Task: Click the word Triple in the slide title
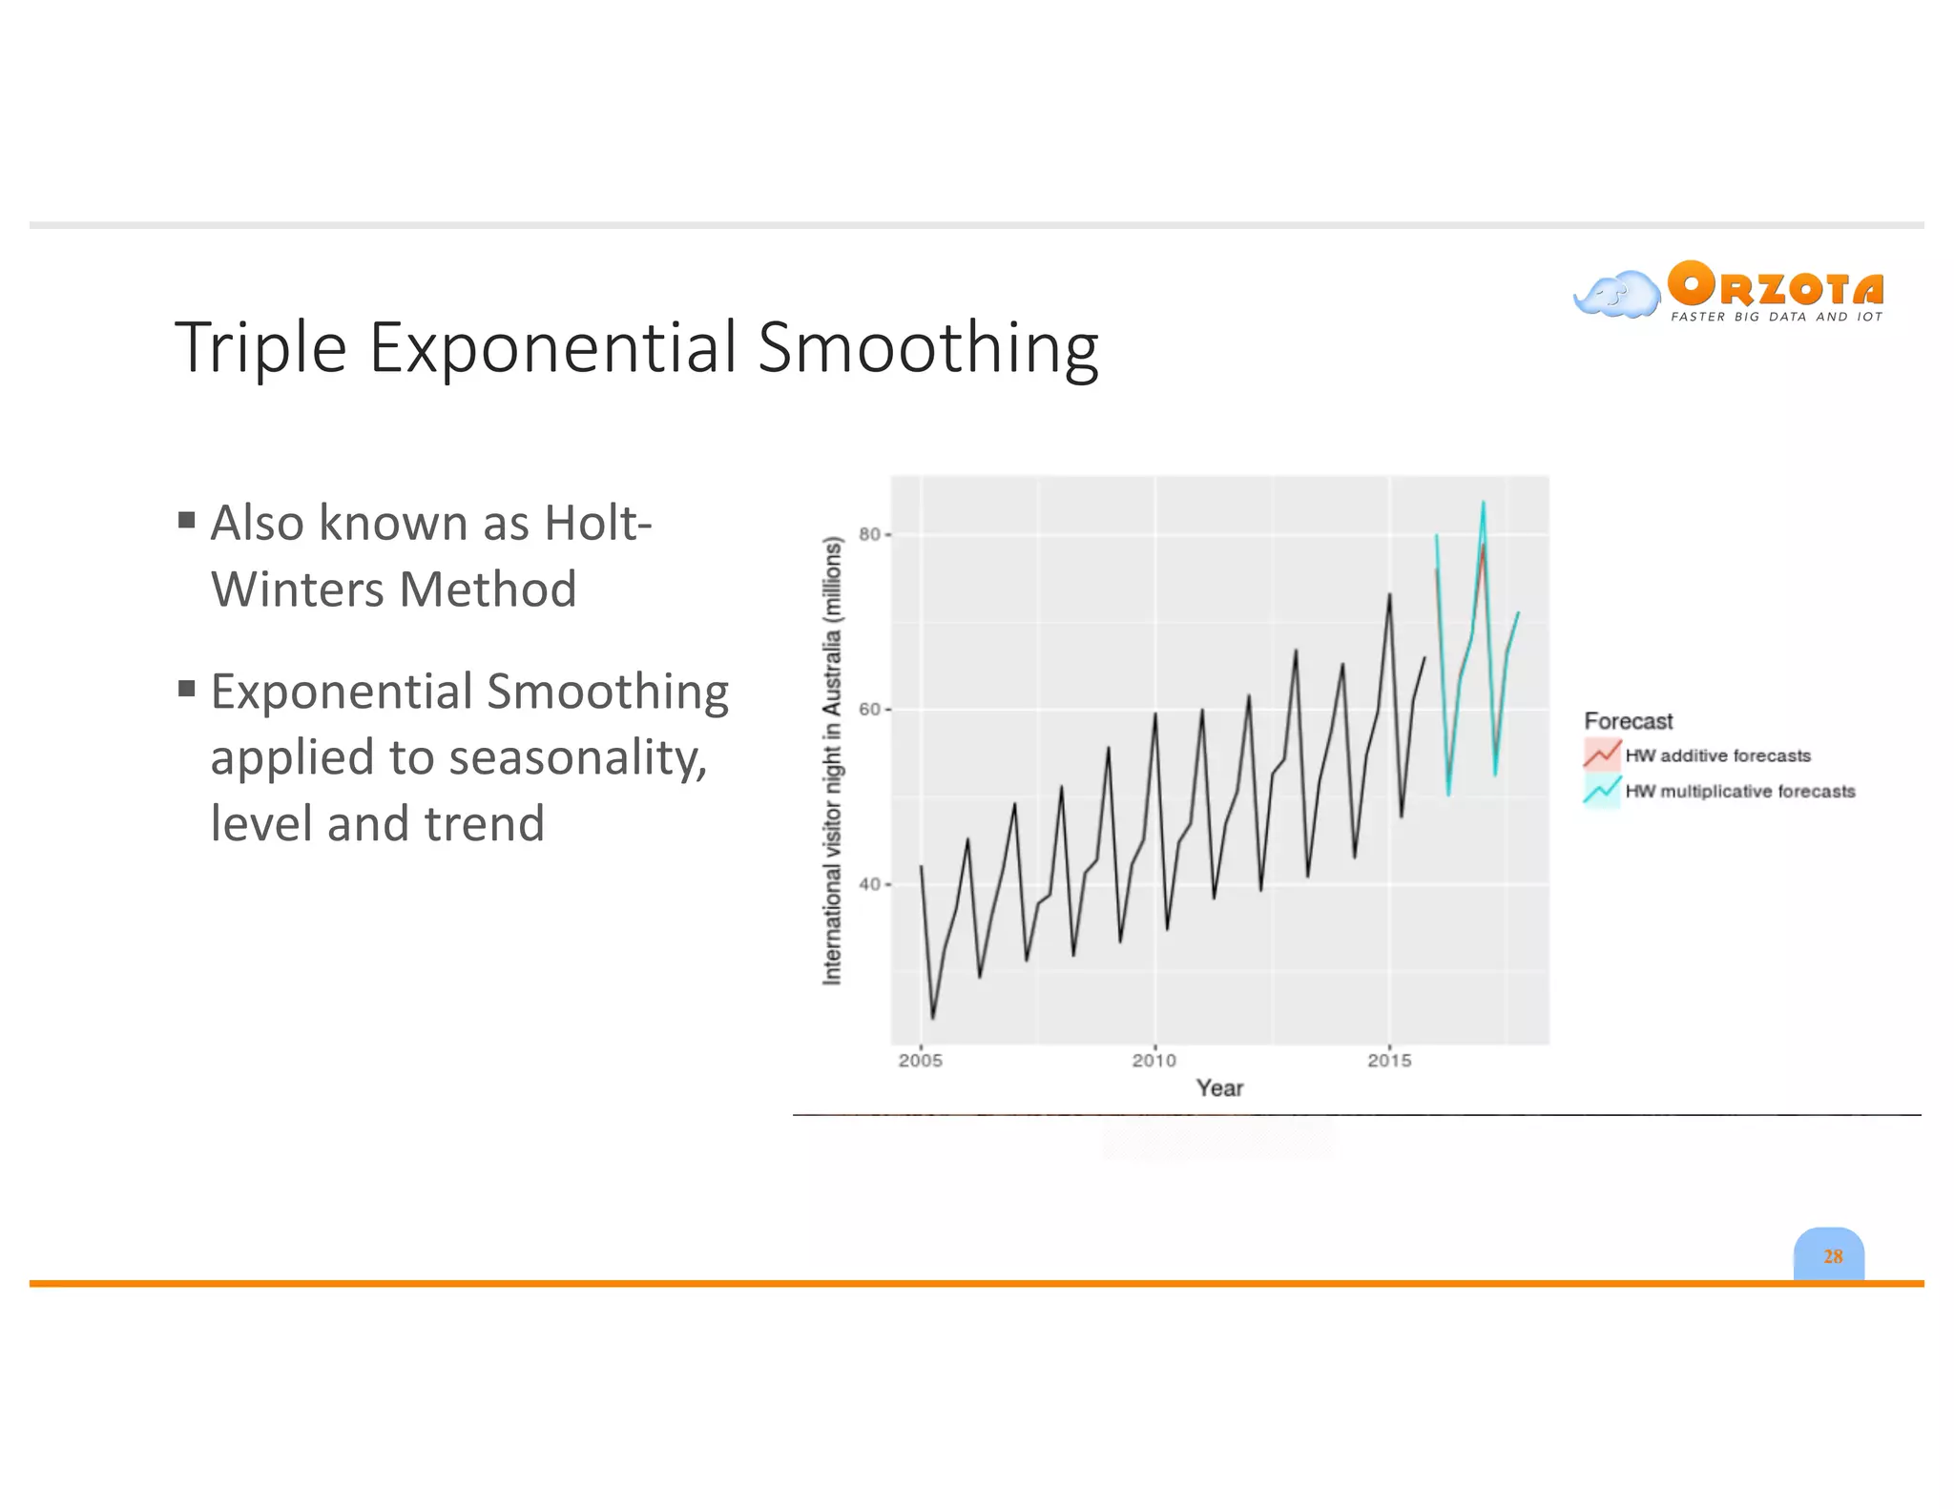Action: pyautogui.click(x=260, y=348)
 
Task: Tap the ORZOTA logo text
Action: pyautogui.click(x=1776, y=285)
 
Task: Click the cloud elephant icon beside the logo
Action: pyautogui.click(x=1617, y=294)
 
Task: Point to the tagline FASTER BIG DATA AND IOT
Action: pyautogui.click(x=1776, y=317)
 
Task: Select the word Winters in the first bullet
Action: pyautogui.click(x=298, y=589)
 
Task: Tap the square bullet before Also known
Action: pyautogui.click(x=187, y=520)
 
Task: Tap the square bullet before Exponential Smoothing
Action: pyautogui.click(x=187, y=688)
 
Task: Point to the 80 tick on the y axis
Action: pyautogui.click(x=869, y=534)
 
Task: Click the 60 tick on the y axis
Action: pyautogui.click(x=869, y=709)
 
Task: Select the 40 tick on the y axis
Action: pyautogui.click(x=869, y=884)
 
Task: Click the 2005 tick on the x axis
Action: pyautogui.click(x=920, y=1060)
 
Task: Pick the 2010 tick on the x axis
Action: pyautogui.click(x=1154, y=1060)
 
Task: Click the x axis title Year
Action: pyautogui.click(x=1219, y=1088)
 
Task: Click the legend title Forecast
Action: pyautogui.click(x=1628, y=721)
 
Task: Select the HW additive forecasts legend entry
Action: pyautogui.click(x=1716, y=755)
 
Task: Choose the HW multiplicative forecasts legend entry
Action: pyautogui.click(x=1738, y=791)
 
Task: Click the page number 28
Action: pyautogui.click(x=1832, y=1256)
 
